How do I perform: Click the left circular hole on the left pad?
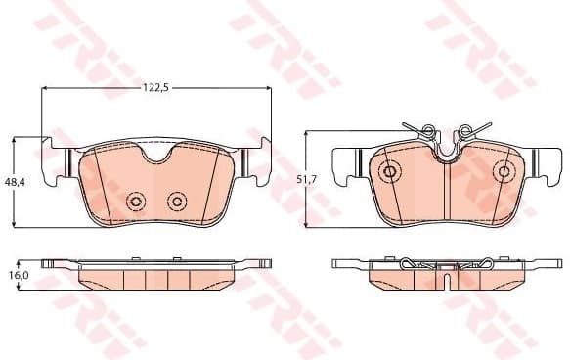136,202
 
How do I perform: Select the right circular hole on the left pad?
176,202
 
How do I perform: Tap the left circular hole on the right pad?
389,172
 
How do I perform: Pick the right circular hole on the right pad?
504,172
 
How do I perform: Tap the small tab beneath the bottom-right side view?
446,285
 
